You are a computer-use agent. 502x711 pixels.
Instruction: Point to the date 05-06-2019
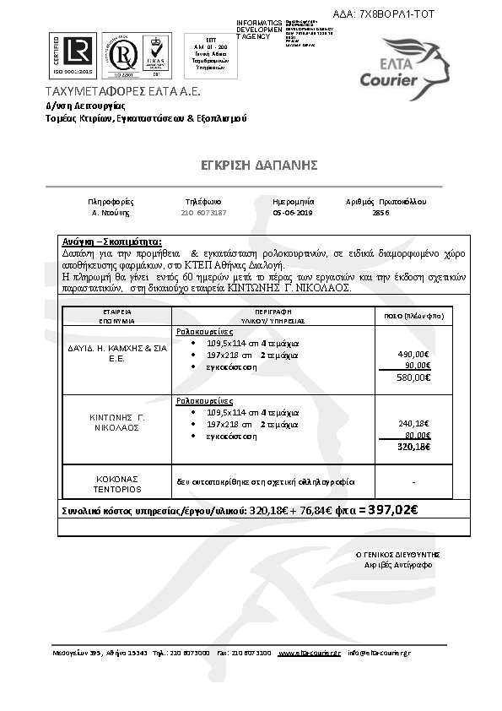pos(293,214)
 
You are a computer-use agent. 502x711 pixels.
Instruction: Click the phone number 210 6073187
pos(203,214)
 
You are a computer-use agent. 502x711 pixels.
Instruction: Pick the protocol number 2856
pos(381,214)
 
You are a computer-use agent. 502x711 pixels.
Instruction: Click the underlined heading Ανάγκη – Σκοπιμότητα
pos(111,242)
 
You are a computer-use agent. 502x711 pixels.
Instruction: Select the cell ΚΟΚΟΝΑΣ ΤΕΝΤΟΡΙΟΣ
pos(116,483)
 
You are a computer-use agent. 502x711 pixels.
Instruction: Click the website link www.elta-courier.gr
pos(309,653)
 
